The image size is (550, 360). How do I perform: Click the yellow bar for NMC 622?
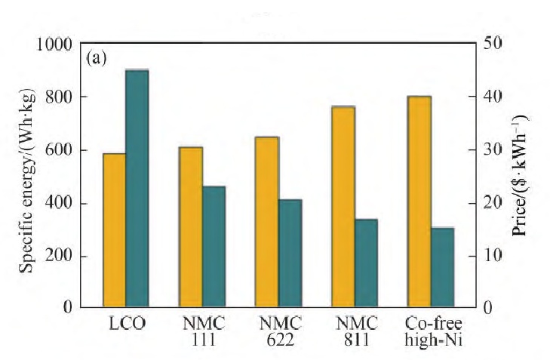[267, 222]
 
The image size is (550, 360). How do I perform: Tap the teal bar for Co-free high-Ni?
[442, 267]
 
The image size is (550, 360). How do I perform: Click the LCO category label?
[126, 325]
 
